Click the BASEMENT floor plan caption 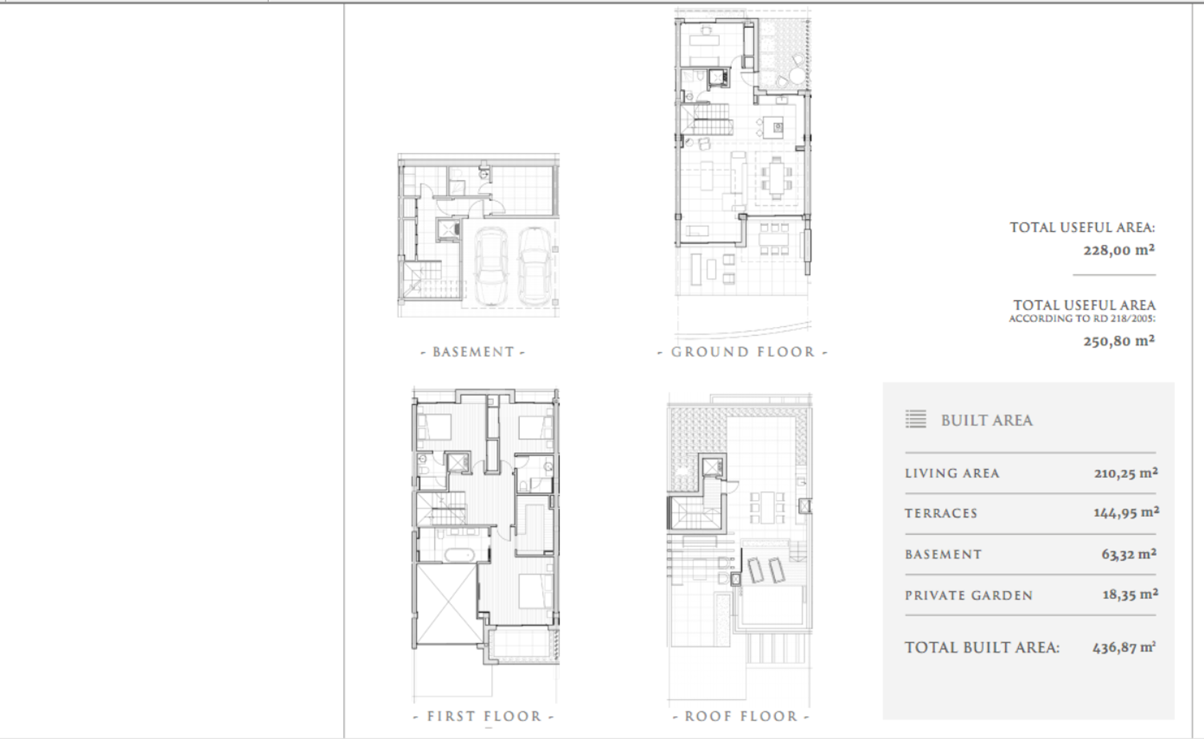[x=473, y=352]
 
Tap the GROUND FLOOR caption [x=743, y=352]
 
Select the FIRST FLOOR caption [x=484, y=716]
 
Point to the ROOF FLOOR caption [x=742, y=716]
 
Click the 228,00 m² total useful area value [x=1119, y=250]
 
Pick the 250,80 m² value [x=1119, y=340]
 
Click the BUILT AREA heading [x=986, y=420]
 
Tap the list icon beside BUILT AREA [x=915, y=419]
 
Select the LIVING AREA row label [x=952, y=474]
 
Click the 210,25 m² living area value [x=1126, y=472]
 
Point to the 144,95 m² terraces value [x=1126, y=512]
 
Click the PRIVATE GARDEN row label [x=969, y=596]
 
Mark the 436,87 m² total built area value [x=1124, y=647]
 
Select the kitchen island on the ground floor [x=774, y=127]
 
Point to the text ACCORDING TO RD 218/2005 [x=1082, y=319]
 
